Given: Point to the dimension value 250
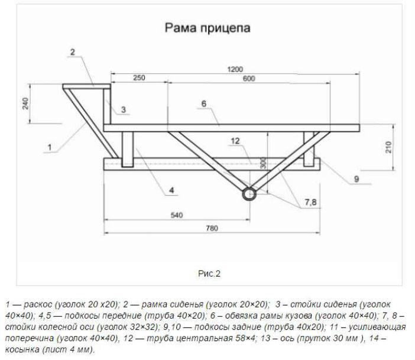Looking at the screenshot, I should click(x=138, y=79).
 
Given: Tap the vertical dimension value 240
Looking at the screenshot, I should click(x=25, y=104).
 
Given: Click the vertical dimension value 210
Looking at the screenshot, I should click(x=388, y=147).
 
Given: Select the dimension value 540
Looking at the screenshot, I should click(x=176, y=216).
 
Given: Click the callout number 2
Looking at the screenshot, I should click(x=72, y=52).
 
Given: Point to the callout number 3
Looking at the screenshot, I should click(x=123, y=109).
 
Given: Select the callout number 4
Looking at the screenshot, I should click(x=171, y=190).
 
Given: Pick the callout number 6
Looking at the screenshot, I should click(x=203, y=104).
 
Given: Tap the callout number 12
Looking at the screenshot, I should click(x=234, y=141).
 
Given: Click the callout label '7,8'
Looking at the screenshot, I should click(x=310, y=203).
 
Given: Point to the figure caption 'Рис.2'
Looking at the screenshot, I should click(x=209, y=273).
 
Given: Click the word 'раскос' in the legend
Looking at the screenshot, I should click(x=38, y=303).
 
